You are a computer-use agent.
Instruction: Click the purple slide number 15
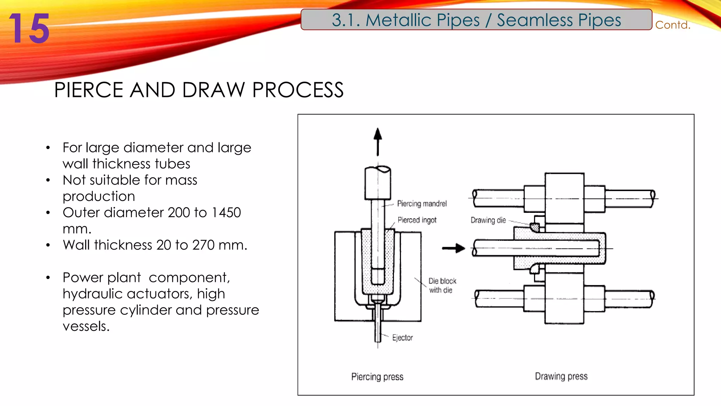[x=29, y=29]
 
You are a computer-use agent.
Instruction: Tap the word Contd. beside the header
[x=672, y=25]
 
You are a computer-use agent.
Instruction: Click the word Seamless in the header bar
[x=535, y=20]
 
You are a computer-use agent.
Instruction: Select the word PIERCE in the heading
[x=88, y=90]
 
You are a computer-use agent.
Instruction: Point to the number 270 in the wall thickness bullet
[x=203, y=245]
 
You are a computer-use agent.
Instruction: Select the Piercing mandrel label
[x=422, y=204]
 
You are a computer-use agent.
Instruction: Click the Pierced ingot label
[x=417, y=220]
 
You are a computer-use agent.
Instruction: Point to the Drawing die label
[x=488, y=220]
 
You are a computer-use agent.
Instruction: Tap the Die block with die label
[x=442, y=285]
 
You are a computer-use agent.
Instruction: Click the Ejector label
[x=402, y=338]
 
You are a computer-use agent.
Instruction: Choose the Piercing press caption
[x=377, y=377]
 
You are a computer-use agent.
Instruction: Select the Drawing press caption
[x=561, y=376]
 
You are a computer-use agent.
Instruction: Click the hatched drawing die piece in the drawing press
[x=534, y=227]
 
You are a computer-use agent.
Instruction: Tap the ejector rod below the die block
[x=378, y=328]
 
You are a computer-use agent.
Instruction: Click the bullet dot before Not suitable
[x=48, y=180]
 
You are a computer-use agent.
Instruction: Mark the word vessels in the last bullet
[x=86, y=326]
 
